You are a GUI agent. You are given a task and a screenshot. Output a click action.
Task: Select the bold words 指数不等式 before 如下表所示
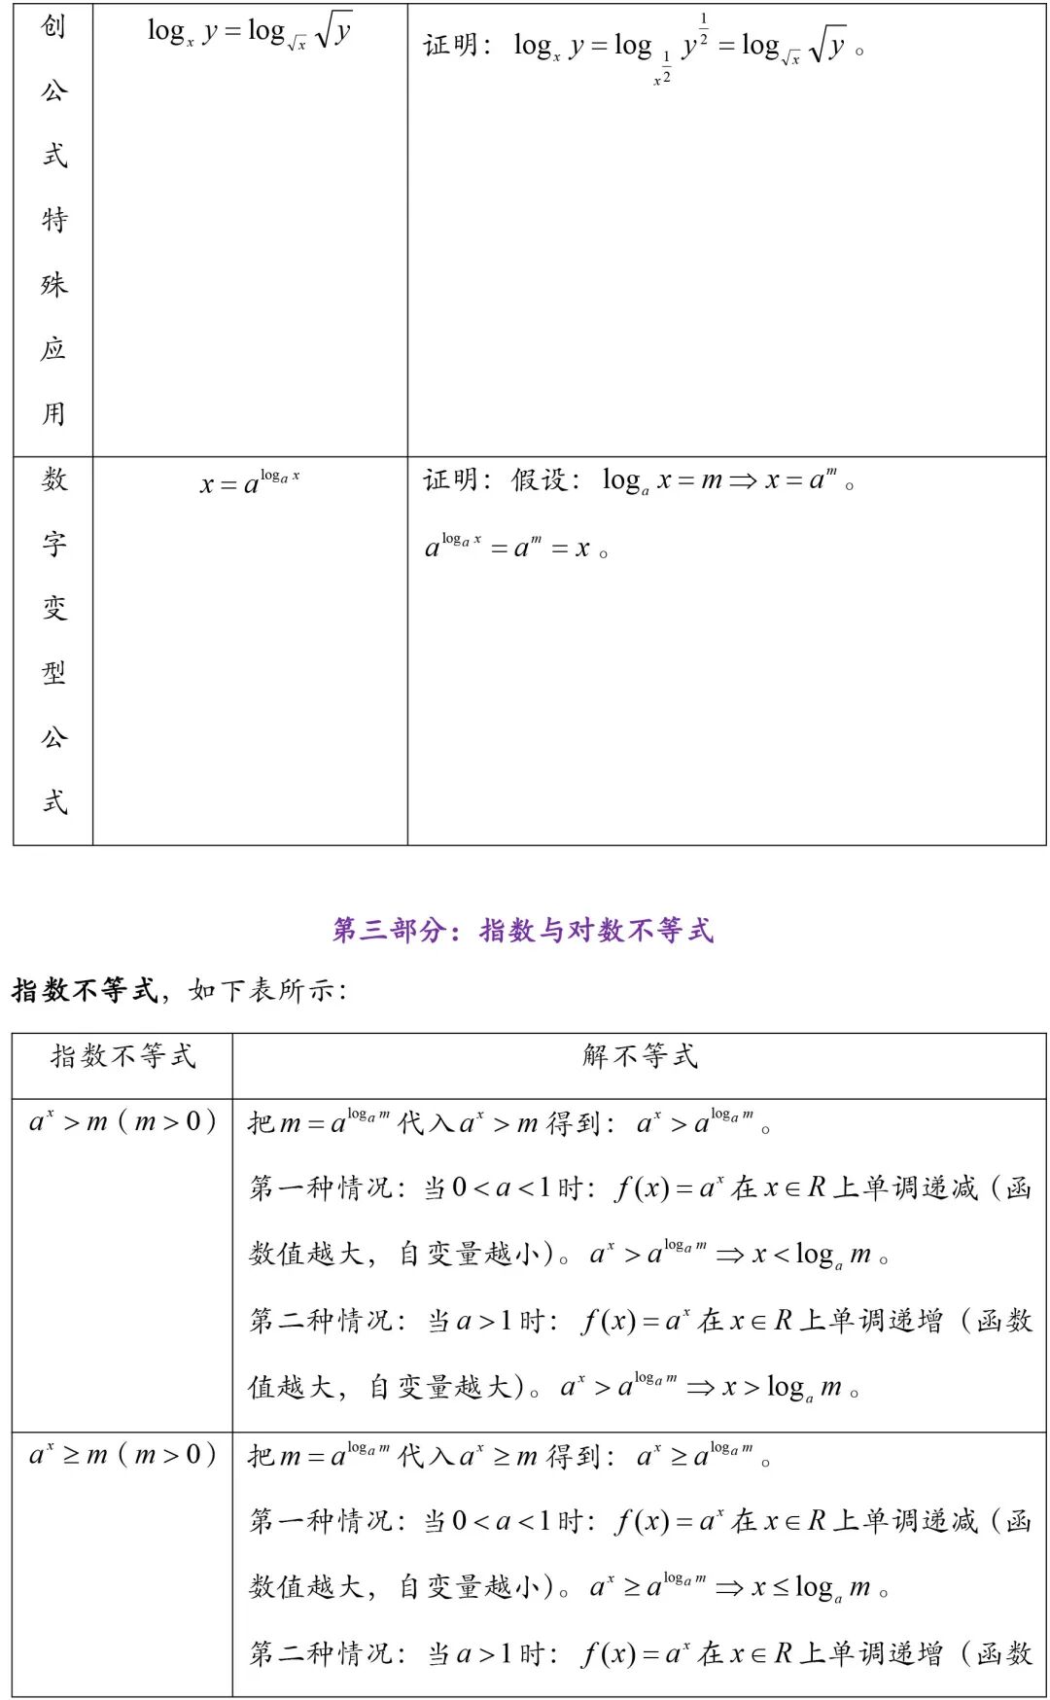click(x=85, y=991)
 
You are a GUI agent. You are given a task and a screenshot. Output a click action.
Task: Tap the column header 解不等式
click(x=640, y=1056)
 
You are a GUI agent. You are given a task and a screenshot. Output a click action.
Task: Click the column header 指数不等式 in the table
click(x=123, y=1056)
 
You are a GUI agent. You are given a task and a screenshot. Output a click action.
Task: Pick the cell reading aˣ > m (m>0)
click(x=122, y=1122)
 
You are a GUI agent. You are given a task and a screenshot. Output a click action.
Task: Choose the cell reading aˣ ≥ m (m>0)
click(x=122, y=1456)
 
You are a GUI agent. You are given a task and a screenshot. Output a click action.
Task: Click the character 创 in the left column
click(x=53, y=27)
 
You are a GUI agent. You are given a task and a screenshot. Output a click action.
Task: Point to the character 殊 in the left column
click(x=53, y=285)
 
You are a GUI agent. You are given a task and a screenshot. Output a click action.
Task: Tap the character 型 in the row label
click(x=53, y=672)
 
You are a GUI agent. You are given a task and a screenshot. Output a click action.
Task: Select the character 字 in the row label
click(x=53, y=544)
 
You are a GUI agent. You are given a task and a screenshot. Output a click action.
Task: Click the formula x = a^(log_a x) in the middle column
click(x=250, y=482)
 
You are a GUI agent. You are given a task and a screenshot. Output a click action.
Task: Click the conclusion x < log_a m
click(x=812, y=1256)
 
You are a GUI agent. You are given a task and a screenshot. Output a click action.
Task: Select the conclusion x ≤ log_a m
click(x=812, y=1588)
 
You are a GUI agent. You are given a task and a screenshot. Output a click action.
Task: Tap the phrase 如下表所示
click(x=267, y=991)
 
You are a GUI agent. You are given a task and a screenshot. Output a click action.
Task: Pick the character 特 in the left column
click(x=53, y=221)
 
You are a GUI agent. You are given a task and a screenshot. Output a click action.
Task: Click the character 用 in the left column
click(x=53, y=414)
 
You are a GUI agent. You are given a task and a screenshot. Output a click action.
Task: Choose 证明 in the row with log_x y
click(x=452, y=46)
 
